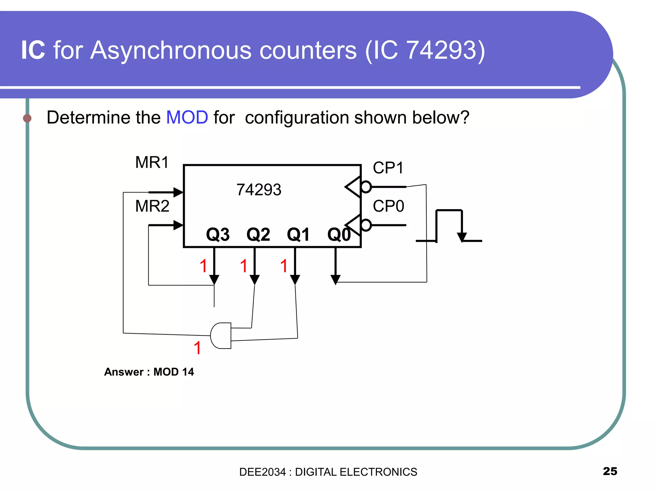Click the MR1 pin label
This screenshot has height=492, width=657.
(152, 162)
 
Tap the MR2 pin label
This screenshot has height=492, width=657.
(152, 206)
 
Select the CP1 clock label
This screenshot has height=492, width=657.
(388, 168)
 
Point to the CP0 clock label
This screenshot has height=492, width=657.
(388, 206)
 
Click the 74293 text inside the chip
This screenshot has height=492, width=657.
(259, 190)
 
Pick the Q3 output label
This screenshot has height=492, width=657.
(218, 234)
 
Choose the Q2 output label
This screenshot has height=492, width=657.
(258, 234)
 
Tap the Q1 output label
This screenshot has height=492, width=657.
(298, 234)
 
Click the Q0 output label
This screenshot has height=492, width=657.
(339, 234)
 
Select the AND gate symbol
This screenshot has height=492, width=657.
(221, 335)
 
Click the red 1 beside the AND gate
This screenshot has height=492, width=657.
(197, 348)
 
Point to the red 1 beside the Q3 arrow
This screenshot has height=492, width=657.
(203, 266)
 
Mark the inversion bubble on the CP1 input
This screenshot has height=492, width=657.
(366, 187)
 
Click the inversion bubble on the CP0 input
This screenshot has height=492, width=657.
(366, 225)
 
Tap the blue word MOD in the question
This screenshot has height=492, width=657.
(187, 117)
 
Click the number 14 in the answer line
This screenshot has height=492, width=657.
(188, 372)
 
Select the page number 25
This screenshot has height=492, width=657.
(610, 471)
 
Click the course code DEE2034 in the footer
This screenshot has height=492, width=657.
(262, 472)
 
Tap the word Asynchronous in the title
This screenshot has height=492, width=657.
(223, 50)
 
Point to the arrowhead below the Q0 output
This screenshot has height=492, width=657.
(335, 279)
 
